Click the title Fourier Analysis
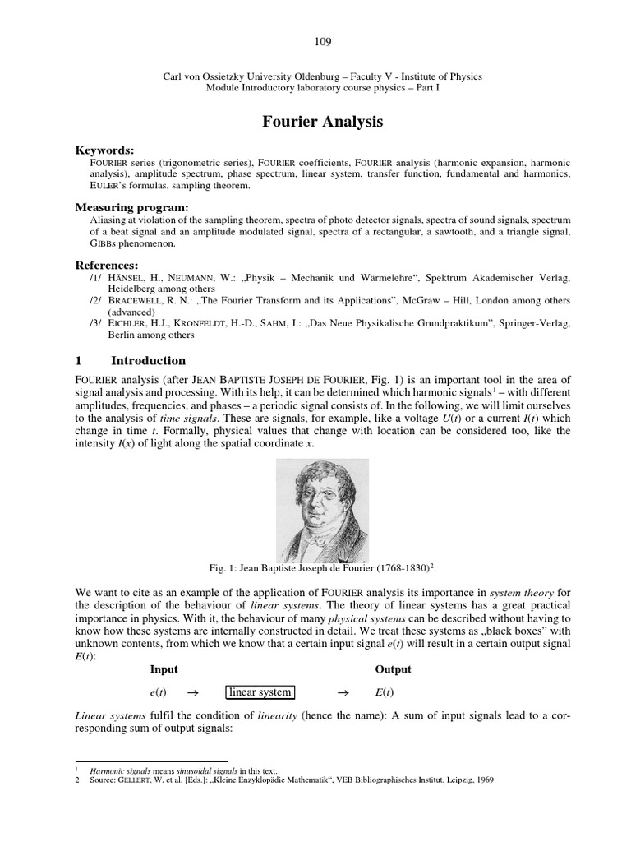pyautogui.click(x=322, y=122)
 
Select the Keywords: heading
pyautogui.click(x=104, y=150)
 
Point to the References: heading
pyautogui.click(x=107, y=266)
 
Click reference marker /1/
pyautogui.click(x=96, y=278)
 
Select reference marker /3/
pyautogui.click(x=96, y=324)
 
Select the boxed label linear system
pyautogui.click(x=260, y=692)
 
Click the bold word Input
pyautogui.click(x=164, y=669)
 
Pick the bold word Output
pyautogui.click(x=393, y=669)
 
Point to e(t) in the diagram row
pyautogui.click(x=157, y=692)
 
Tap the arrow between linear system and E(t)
pyautogui.click(x=344, y=692)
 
